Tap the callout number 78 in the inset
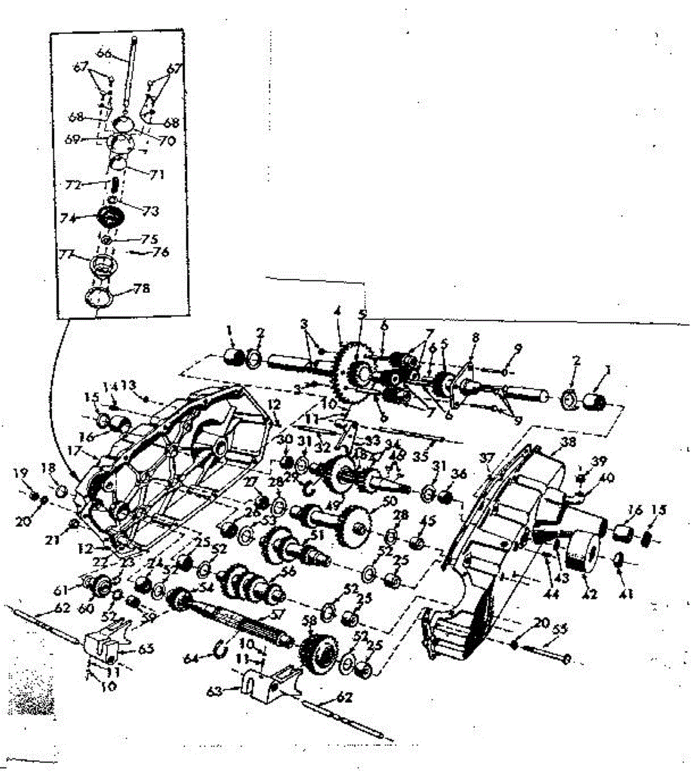pyautogui.click(x=141, y=289)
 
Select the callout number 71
pyautogui.click(x=157, y=174)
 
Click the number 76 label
pyautogui.click(x=161, y=253)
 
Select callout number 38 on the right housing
pyautogui.click(x=568, y=443)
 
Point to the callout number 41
pyautogui.click(x=624, y=595)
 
